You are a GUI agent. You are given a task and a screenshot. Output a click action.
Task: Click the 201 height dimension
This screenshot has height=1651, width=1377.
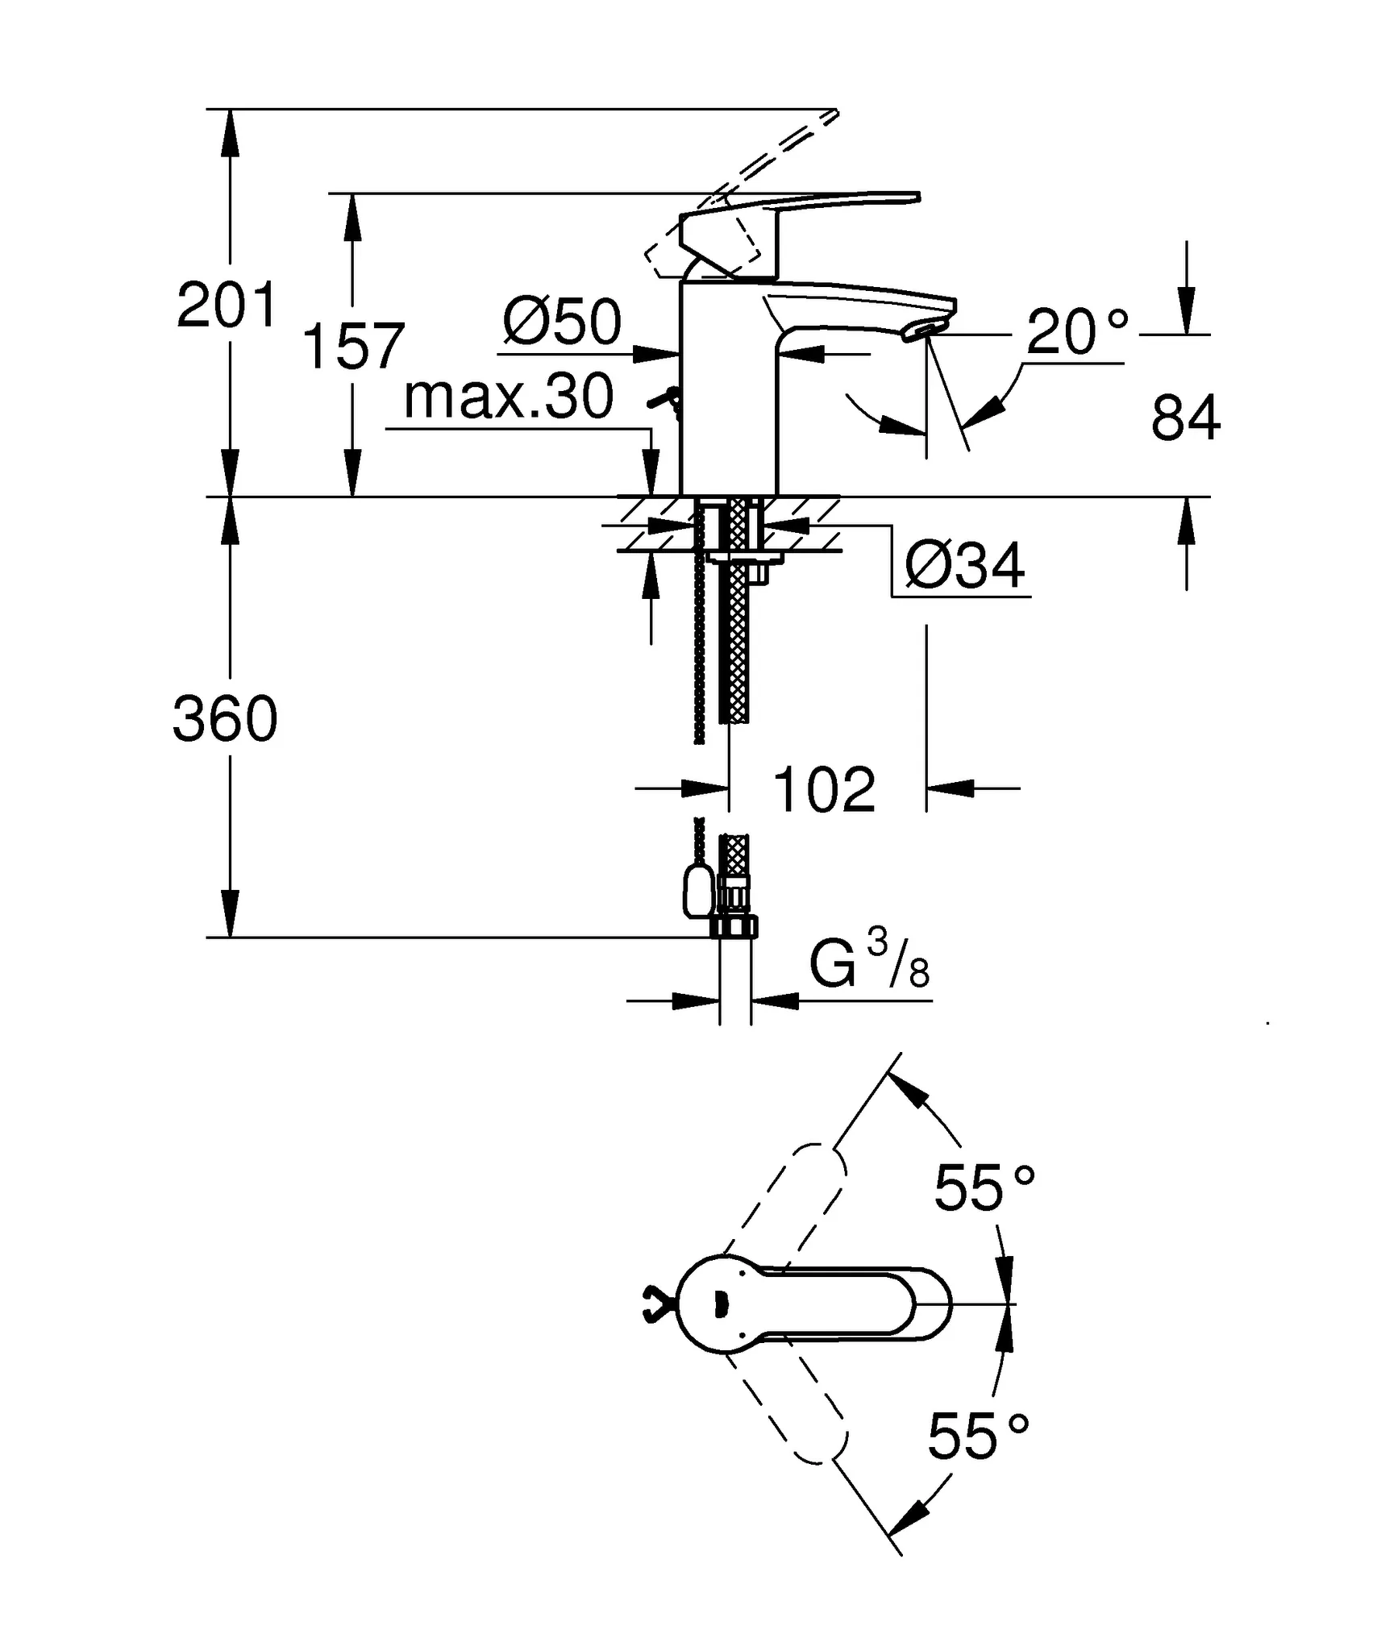pyautogui.click(x=227, y=306)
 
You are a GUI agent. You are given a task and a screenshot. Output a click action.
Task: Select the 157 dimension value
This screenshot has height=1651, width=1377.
pyautogui.click(x=352, y=347)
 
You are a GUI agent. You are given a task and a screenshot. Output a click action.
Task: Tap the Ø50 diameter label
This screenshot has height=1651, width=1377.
pyautogui.click(x=562, y=322)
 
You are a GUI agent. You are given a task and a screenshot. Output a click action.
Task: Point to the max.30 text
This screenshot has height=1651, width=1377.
pyautogui.click(x=508, y=397)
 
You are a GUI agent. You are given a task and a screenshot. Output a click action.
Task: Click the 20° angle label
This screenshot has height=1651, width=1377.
pyautogui.click(x=1076, y=331)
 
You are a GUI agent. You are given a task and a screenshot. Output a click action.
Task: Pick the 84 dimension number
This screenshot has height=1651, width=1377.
pyautogui.click(x=1185, y=418)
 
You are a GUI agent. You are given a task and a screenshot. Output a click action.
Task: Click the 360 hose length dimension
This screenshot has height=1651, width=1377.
pyautogui.click(x=225, y=719)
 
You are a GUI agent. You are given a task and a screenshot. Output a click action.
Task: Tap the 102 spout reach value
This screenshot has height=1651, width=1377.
pyautogui.click(x=823, y=790)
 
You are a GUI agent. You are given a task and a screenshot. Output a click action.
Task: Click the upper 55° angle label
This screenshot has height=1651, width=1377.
pyautogui.click(x=984, y=1187)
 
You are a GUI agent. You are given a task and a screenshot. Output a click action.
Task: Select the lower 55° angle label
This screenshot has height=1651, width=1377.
pyautogui.click(x=978, y=1437)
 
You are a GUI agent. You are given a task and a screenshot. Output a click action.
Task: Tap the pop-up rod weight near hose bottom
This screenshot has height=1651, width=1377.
pyautogui.click(x=697, y=892)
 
